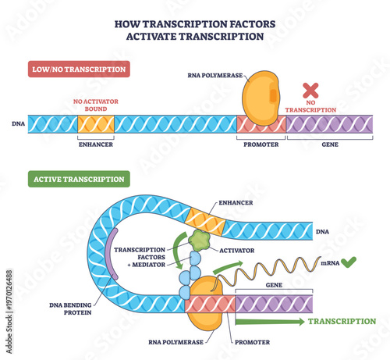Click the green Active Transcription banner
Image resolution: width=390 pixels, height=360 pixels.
(x=78, y=180)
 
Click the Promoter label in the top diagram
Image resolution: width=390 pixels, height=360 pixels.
(x=261, y=144)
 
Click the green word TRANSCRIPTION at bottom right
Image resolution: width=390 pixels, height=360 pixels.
(x=342, y=321)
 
